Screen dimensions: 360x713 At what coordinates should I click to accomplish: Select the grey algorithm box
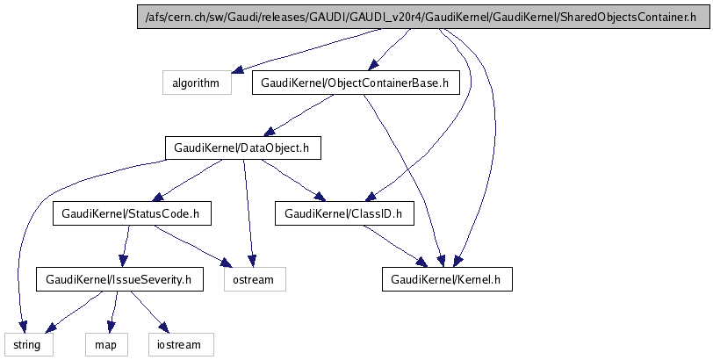point(196,83)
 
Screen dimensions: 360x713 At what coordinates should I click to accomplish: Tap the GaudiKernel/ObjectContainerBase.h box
point(356,83)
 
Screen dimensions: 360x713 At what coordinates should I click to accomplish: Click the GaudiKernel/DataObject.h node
point(241,148)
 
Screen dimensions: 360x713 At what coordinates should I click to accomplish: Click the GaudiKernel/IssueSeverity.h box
point(119,279)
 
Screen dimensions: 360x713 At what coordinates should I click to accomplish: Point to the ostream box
point(255,279)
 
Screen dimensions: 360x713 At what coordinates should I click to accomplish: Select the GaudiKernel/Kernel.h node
point(447,279)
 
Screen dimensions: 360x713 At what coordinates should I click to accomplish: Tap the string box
point(27,344)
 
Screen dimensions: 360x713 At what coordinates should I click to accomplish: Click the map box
point(107,344)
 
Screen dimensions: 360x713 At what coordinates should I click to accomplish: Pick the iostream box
point(180,344)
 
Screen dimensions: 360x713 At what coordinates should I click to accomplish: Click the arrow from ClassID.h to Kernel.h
point(395,246)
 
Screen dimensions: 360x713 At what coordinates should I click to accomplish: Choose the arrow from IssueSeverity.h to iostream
point(148,312)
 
